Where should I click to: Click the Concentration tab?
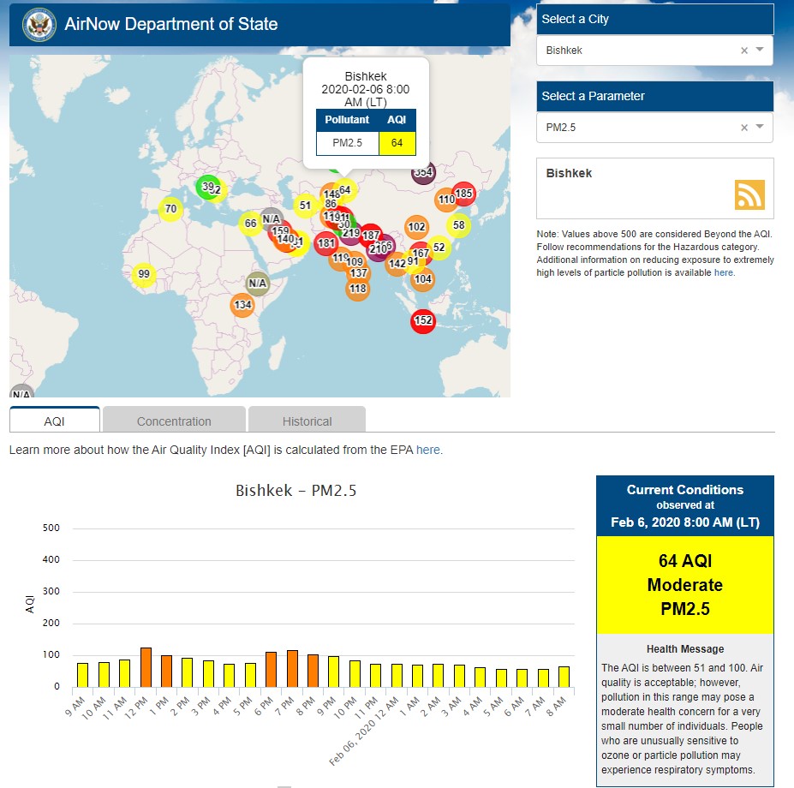[x=174, y=421]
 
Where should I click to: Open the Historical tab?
[x=307, y=421]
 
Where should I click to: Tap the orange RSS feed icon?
[x=749, y=194]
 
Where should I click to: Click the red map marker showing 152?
[x=423, y=321]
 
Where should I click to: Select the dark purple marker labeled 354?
[x=423, y=172]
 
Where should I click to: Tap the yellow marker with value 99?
[x=144, y=275]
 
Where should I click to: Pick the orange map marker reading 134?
[x=242, y=305]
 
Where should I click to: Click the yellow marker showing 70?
[x=170, y=209]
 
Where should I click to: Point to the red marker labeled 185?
[x=463, y=194]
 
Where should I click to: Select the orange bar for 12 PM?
[x=146, y=666]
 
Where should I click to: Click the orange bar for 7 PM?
[x=292, y=668]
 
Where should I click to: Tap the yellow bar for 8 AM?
[x=564, y=676]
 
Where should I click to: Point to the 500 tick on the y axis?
[x=51, y=528]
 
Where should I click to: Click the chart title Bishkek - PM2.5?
[x=296, y=491]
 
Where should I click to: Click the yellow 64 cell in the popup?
[x=397, y=143]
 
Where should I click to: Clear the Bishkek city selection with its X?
[x=744, y=51]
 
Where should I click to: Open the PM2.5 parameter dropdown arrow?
[x=760, y=128]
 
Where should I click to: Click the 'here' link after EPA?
[x=428, y=449]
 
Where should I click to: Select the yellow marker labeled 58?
[x=459, y=225]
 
